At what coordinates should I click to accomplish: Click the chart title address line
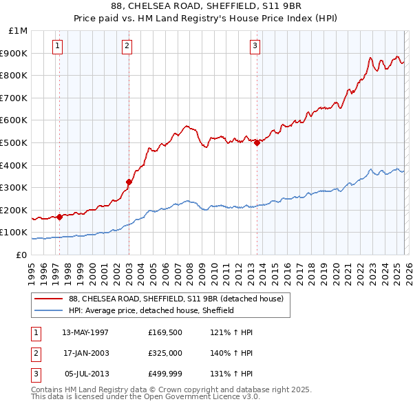(x=206, y=8)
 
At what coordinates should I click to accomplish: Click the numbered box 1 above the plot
(x=56, y=46)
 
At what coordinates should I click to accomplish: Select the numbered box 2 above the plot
(x=127, y=46)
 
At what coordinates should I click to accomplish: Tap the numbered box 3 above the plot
(x=255, y=46)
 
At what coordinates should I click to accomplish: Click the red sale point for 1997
(x=60, y=217)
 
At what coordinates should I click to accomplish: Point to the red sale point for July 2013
(x=257, y=142)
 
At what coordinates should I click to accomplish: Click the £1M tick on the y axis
(x=18, y=31)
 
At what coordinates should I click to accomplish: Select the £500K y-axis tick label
(x=15, y=142)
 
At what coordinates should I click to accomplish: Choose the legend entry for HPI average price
(x=151, y=310)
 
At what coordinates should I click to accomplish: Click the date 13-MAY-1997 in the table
(x=85, y=332)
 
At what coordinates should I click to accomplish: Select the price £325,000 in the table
(x=165, y=353)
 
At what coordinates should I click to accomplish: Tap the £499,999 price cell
(x=165, y=374)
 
